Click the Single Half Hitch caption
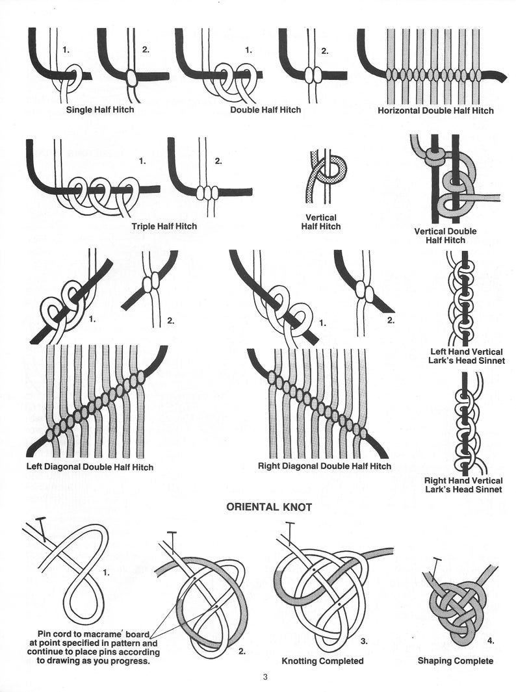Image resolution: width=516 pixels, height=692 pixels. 100,109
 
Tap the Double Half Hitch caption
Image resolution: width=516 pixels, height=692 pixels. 265,109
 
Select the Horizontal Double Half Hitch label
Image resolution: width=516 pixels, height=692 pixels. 435,110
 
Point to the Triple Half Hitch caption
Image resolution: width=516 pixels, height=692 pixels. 164,226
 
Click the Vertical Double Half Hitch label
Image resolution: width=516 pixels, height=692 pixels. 445,236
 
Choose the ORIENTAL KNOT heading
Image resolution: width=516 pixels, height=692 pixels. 269,507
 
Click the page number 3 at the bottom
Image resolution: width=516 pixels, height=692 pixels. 265,677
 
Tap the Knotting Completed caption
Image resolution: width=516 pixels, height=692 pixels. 323,661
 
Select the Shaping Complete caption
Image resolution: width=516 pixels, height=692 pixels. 456,661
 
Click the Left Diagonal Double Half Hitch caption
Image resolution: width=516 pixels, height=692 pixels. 90,467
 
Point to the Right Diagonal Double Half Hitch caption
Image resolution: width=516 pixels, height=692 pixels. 324,466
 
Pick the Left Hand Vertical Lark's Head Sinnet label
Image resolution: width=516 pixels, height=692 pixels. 467,356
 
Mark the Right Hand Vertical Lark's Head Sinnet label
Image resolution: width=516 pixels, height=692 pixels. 463,485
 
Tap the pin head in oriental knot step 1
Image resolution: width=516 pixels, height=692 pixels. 40,519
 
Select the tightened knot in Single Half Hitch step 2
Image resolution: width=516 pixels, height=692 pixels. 131,78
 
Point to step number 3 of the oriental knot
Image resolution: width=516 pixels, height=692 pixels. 364,641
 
